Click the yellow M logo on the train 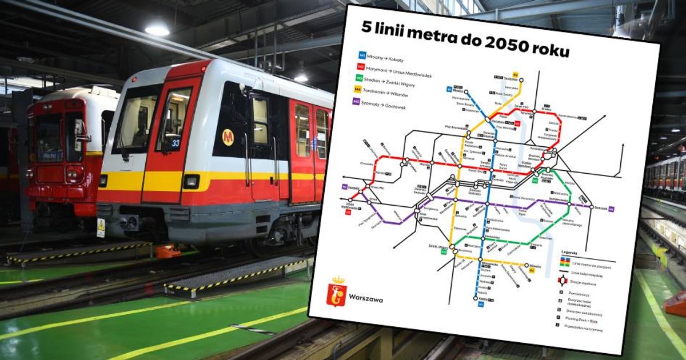coord(228,137)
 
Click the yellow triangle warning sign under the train coord(101,225)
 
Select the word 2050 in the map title coord(490,44)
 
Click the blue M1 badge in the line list coord(362,55)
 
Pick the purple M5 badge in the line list coord(356,101)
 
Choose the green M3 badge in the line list coord(359,78)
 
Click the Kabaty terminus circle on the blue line coord(476,297)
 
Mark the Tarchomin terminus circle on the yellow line coord(516,80)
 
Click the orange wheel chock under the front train coord(168,251)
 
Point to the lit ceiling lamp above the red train coord(157,29)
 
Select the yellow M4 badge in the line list coord(357,89)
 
